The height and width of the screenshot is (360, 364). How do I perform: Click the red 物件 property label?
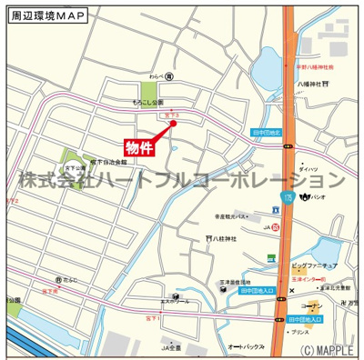[139, 146]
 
